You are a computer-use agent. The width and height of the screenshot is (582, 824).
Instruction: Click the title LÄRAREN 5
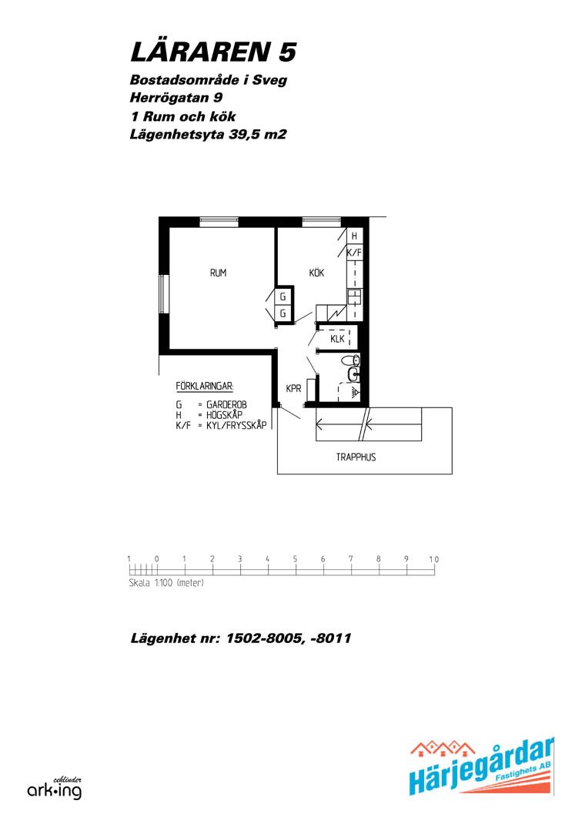213,52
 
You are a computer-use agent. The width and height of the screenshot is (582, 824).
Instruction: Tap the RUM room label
218,273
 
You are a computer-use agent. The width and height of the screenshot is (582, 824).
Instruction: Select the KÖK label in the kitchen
316,273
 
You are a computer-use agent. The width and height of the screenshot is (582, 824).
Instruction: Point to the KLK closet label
337,339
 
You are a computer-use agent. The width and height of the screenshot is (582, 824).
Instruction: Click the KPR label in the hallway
293,388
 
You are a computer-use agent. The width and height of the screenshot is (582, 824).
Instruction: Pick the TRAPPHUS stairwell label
356,457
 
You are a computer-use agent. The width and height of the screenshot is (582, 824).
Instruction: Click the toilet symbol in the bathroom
350,360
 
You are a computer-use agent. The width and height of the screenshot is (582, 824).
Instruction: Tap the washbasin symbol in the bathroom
353,374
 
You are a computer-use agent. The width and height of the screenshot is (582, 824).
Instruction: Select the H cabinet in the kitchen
355,236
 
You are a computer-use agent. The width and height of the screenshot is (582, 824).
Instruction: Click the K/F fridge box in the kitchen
355,253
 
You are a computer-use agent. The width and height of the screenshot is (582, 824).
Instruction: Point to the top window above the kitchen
322,221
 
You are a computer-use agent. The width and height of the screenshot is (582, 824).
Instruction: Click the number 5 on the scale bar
295,559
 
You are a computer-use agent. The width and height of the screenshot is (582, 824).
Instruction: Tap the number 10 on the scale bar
433,559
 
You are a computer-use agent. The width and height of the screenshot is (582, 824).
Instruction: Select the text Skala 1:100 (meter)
166,583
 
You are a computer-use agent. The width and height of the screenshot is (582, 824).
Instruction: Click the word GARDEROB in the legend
226,404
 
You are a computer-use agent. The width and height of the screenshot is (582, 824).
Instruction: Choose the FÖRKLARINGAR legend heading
205,387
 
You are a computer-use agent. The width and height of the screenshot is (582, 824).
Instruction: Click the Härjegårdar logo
481,767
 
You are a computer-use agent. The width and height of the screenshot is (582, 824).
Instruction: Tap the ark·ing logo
55,789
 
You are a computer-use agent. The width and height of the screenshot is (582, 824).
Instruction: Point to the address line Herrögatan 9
176,98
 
